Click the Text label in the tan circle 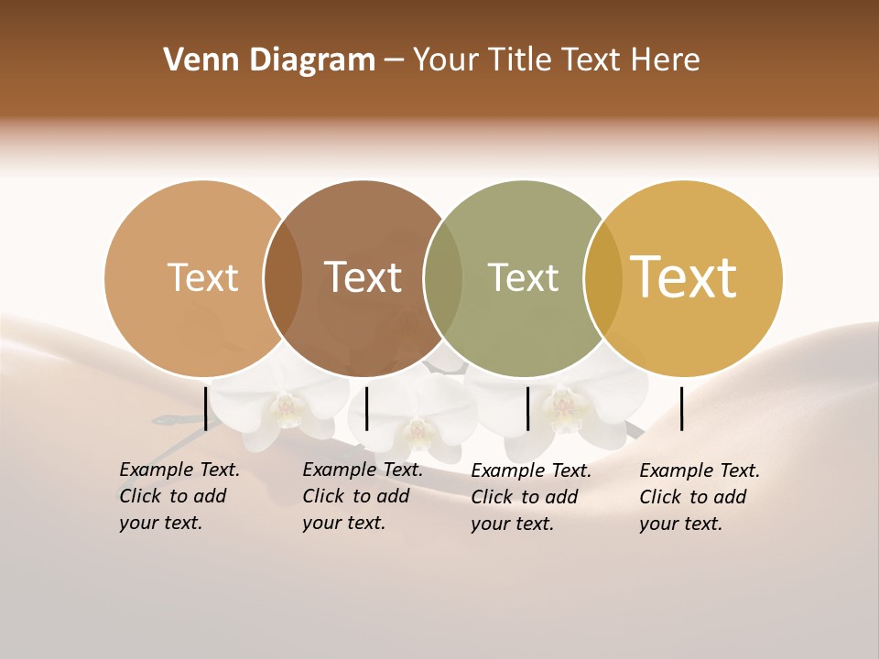click(202, 277)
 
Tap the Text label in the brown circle click(364, 277)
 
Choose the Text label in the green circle click(523, 277)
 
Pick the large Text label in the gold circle click(684, 276)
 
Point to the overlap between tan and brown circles click(283, 278)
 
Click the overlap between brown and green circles click(443, 278)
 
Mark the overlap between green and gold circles click(603, 278)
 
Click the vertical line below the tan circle click(206, 408)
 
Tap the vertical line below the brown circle click(366, 408)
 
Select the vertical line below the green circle click(527, 408)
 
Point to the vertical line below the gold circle click(682, 408)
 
